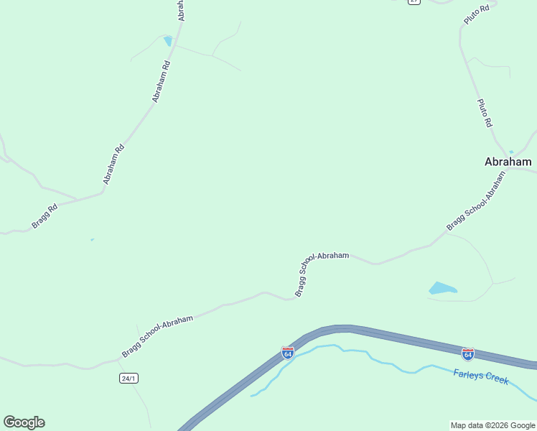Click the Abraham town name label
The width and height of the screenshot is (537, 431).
coord(508,162)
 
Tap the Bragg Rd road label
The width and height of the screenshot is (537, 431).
coord(44,217)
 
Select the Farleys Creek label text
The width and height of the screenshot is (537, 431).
coord(481,376)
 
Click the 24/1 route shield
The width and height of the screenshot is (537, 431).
coord(129,378)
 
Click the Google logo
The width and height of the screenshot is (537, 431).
coord(24,422)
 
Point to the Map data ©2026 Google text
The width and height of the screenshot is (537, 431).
coord(492,425)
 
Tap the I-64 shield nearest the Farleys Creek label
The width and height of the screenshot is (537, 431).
coord(467,353)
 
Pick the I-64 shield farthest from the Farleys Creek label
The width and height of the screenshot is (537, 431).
coord(287,353)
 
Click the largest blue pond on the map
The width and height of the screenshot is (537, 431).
coord(442,289)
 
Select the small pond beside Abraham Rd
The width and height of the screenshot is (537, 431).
coord(167,41)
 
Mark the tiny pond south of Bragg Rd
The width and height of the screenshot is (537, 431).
coord(92,239)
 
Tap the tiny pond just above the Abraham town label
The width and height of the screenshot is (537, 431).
coord(511,152)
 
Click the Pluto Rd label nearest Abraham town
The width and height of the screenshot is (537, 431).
coord(485,113)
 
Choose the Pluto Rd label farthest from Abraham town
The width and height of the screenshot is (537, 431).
coord(476,14)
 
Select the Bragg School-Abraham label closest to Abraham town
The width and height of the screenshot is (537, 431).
coord(476,202)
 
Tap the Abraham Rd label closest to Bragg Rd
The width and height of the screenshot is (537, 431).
coord(114,164)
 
